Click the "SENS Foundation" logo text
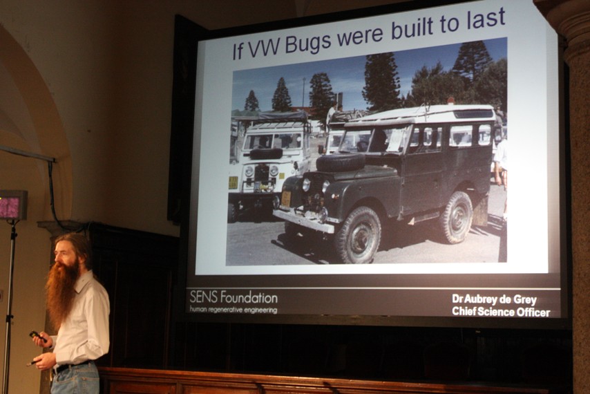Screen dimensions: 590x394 pyautogui.click(x=234, y=297)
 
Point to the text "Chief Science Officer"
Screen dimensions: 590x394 pyautogui.click(x=501, y=312)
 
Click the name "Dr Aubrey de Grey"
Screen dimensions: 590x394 pyautogui.click(x=494, y=299)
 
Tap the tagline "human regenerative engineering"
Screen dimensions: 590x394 pyautogui.click(x=234, y=310)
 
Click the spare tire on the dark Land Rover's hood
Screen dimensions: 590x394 pyautogui.click(x=341, y=162)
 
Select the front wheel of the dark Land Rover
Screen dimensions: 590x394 pyautogui.click(x=358, y=235)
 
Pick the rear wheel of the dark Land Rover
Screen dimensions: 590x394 pyautogui.click(x=456, y=218)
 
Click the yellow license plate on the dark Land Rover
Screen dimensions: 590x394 pyautogui.click(x=286, y=198)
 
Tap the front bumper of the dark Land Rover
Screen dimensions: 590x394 pyautogui.click(x=303, y=221)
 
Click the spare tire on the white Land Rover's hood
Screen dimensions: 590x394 pyautogui.click(x=266, y=153)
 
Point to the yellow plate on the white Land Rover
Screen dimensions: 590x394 pyautogui.click(x=233, y=182)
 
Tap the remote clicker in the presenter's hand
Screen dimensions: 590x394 pyautogui.click(x=37, y=336)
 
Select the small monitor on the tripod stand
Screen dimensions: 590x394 pyautogui.click(x=13, y=205)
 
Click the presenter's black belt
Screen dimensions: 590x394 pyautogui.click(x=71, y=366)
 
